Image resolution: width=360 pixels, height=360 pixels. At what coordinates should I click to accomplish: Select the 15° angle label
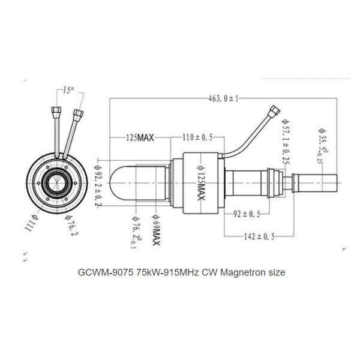[x=68, y=90]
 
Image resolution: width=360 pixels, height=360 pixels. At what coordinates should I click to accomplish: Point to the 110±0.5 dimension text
[x=198, y=137]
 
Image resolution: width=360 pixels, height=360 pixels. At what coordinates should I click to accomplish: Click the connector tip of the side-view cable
[x=275, y=110]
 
